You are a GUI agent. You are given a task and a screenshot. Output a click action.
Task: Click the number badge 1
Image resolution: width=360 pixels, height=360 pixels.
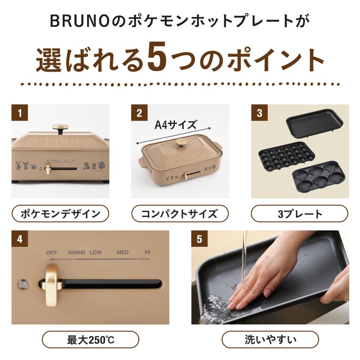point(19,113)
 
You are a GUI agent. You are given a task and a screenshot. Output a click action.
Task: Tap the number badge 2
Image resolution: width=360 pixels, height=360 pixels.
point(139,113)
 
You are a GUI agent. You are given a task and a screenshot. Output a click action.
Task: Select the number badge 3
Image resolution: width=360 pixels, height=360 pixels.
point(259,113)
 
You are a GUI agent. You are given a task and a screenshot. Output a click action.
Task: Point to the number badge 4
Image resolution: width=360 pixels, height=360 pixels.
point(19,239)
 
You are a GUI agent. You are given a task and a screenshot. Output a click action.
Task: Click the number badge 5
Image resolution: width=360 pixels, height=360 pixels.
point(199,239)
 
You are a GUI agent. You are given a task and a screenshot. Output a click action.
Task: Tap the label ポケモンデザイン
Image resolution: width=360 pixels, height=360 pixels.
point(60,214)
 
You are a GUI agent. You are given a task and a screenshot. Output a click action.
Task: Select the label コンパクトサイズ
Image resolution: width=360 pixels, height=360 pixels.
point(180,214)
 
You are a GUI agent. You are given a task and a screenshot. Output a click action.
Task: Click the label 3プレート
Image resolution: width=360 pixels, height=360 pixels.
point(300,214)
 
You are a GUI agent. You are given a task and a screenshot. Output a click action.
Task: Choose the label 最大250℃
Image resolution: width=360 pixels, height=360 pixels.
point(90,340)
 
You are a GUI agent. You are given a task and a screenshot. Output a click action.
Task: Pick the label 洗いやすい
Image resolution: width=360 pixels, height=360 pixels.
point(270,340)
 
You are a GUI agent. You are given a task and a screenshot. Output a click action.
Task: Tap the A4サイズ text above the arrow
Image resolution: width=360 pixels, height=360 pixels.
point(176,125)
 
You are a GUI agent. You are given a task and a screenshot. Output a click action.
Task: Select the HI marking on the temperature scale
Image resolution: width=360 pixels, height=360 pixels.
point(148,252)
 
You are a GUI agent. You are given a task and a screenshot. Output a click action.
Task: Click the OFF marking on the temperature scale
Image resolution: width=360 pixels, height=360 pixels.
point(52,252)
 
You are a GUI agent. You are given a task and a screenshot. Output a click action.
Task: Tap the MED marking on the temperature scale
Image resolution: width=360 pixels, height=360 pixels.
point(122,252)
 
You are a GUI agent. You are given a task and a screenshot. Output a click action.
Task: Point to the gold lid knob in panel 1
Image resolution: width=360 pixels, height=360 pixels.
point(60,129)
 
